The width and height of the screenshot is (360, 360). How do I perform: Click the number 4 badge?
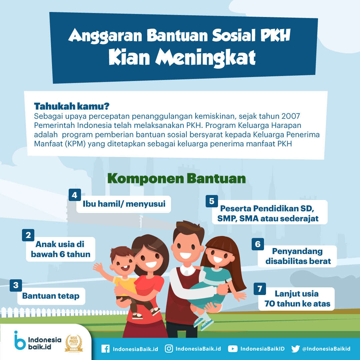tap(75, 195)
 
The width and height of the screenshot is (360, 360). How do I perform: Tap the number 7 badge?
tap(260, 289)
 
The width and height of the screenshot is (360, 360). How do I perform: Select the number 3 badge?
tap(16, 285)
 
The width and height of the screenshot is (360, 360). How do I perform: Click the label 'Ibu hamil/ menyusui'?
tap(124, 204)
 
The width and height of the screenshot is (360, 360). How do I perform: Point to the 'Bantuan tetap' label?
tap(51, 296)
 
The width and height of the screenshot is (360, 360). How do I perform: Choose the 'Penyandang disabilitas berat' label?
tap(298, 256)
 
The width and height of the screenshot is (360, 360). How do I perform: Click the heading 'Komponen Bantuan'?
tap(177, 179)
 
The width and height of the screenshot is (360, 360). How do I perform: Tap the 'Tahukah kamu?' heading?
tap(72, 106)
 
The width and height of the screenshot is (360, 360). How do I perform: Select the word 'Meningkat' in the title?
tap(205, 58)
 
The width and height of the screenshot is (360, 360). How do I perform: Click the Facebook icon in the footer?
tap(105, 349)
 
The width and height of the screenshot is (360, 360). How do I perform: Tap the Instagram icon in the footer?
tap(169, 349)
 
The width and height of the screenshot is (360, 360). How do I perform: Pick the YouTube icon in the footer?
tap(233, 349)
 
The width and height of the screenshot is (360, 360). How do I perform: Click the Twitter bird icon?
tap(295, 349)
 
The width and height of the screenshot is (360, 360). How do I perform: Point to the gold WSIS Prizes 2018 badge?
tap(74, 343)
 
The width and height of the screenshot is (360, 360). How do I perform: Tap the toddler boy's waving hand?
tap(98, 267)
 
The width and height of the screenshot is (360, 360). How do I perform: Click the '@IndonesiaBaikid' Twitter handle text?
tap(326, 349)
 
